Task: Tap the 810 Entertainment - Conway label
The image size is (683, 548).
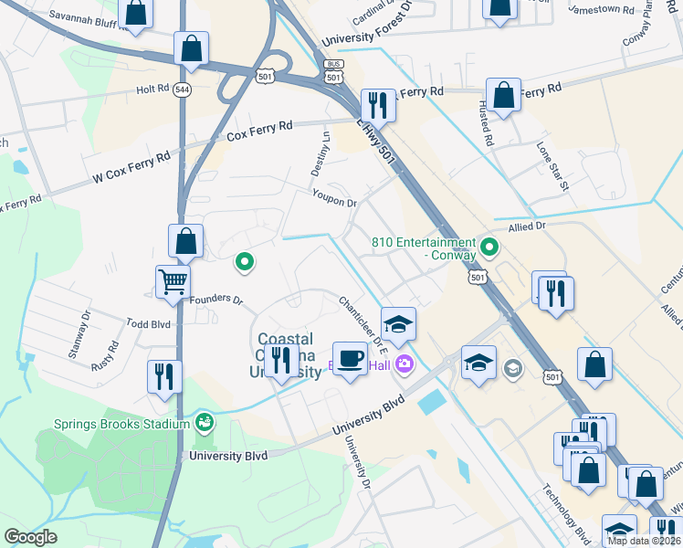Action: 424,248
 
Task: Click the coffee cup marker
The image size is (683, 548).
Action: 349,358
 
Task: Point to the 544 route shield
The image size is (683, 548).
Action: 183,90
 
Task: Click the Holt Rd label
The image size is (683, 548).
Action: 152,90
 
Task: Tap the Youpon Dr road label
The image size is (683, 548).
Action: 333,197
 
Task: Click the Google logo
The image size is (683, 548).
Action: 30,537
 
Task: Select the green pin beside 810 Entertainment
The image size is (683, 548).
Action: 489,247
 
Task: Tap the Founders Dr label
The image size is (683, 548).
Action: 217,299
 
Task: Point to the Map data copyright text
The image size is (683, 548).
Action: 643,541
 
